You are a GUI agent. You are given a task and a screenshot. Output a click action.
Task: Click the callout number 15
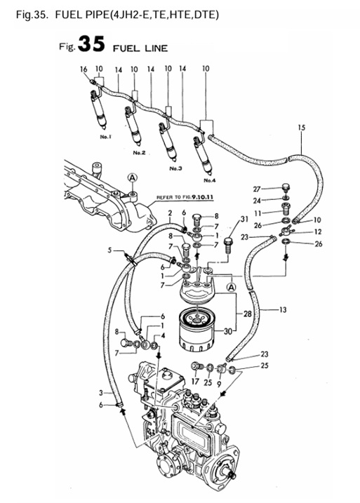click(x=302, y=127)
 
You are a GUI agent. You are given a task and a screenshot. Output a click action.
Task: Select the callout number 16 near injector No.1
click(x=84, y=70)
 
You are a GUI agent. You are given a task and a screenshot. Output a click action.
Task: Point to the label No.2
click(x=138, y=152)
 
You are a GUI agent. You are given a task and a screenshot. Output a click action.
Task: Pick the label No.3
click(x=175, y=168)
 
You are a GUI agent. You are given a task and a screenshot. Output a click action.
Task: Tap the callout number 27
click(x=256, y=189)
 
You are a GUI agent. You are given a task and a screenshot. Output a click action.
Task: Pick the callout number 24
click(x=257, y=200)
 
